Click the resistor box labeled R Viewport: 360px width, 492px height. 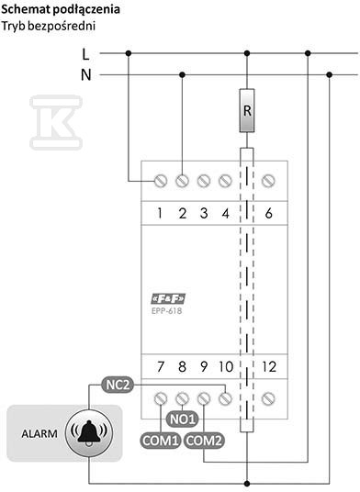point(247,110)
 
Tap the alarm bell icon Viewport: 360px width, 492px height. point(89,433)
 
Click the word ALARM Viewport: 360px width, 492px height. point(39,434)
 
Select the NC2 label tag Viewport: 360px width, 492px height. point(118,385)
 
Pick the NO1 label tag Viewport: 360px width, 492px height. point(183,419)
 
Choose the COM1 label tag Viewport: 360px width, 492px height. point(161,441)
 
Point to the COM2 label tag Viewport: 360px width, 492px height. point(204,441)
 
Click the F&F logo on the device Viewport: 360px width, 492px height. point(168,298)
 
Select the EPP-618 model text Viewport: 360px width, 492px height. point(166,311)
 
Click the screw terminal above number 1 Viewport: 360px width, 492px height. point(161,181)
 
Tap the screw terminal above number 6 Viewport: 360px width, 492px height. point(268,181)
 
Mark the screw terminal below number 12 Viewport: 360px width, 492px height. point(268,398)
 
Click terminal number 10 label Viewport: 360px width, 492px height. point(226,367)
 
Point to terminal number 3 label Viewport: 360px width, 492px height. point(204,213)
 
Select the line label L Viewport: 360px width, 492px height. point(85,54)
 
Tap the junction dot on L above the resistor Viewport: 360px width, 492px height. point(247,53)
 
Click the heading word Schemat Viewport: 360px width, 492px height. point(26,9)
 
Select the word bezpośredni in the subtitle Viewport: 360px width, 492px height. point(62,26)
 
